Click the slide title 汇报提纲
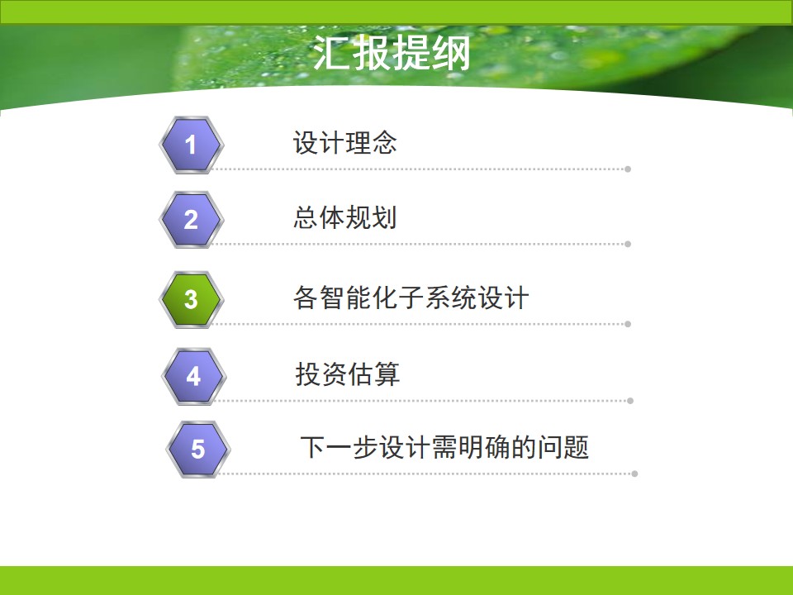point(392,53)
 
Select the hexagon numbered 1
point(191,145)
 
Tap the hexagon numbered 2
point(191,220)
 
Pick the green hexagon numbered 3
point(191,299)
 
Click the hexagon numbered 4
point(193,377)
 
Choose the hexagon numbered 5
point(198,450)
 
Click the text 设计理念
point(345,142)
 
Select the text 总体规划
point(345,217)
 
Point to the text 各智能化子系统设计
point(411,297)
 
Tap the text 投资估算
point(348,374)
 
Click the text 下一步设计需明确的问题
point(444,447)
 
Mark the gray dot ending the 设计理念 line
point(628,169)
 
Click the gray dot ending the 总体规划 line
point(628,244)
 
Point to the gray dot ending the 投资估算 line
point(630,401)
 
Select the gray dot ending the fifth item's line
point(634,474)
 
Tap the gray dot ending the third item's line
point(628,324)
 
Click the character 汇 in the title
point(332,53)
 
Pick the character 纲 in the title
point(452,53)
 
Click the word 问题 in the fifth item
point(563,447)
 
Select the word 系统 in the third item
point(451,297)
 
